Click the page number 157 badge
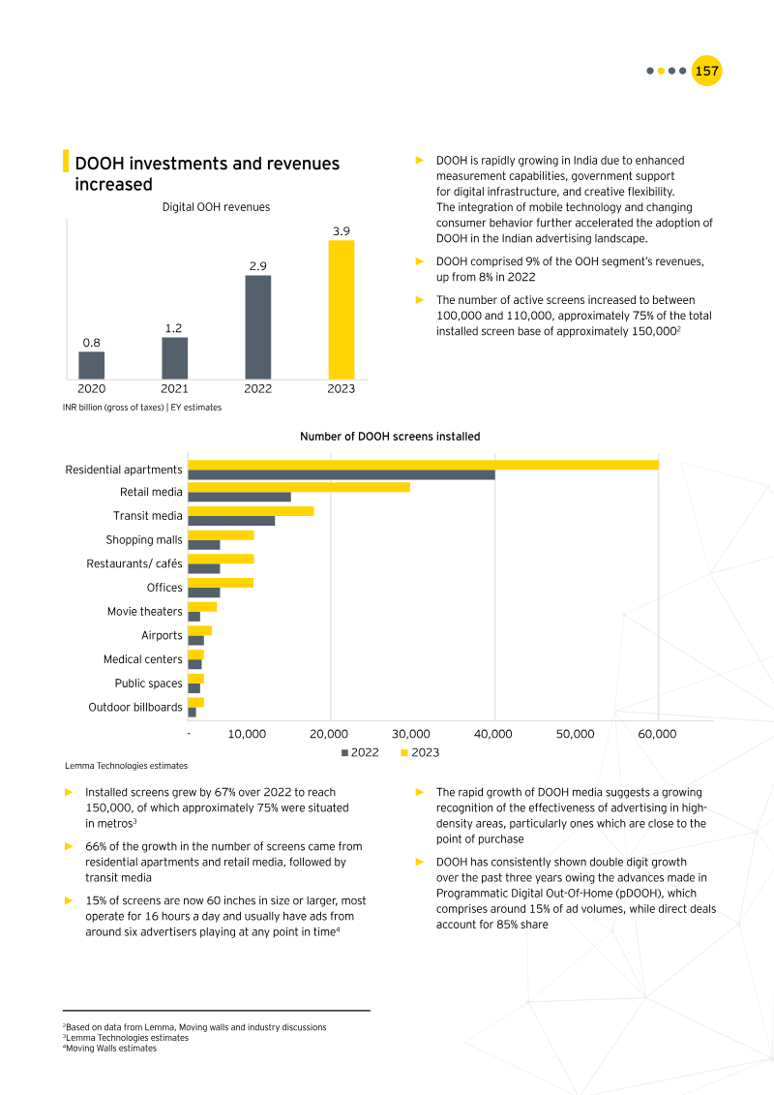pos(707,71)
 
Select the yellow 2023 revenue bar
pos(342,309)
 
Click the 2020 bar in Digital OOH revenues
pos(92,365)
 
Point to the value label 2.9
pos(257,265)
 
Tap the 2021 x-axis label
pos(174,389)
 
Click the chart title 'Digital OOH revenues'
pos(216,207)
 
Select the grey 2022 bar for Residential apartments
pos(341,474)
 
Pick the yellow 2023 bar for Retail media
pos(298,487)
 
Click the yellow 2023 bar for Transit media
pos(250,511)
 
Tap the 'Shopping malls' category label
pos(144,540)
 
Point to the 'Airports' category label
pos(162,636)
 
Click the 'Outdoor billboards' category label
pos(135,708)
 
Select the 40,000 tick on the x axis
pos(493,734)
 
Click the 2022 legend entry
pos(360,752)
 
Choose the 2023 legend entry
pos(420,752)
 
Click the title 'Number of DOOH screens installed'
pos(390,437)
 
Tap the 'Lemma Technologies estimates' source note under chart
pos(126,766)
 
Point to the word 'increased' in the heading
pos(113,184)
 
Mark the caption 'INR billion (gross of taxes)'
pos(112,408)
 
